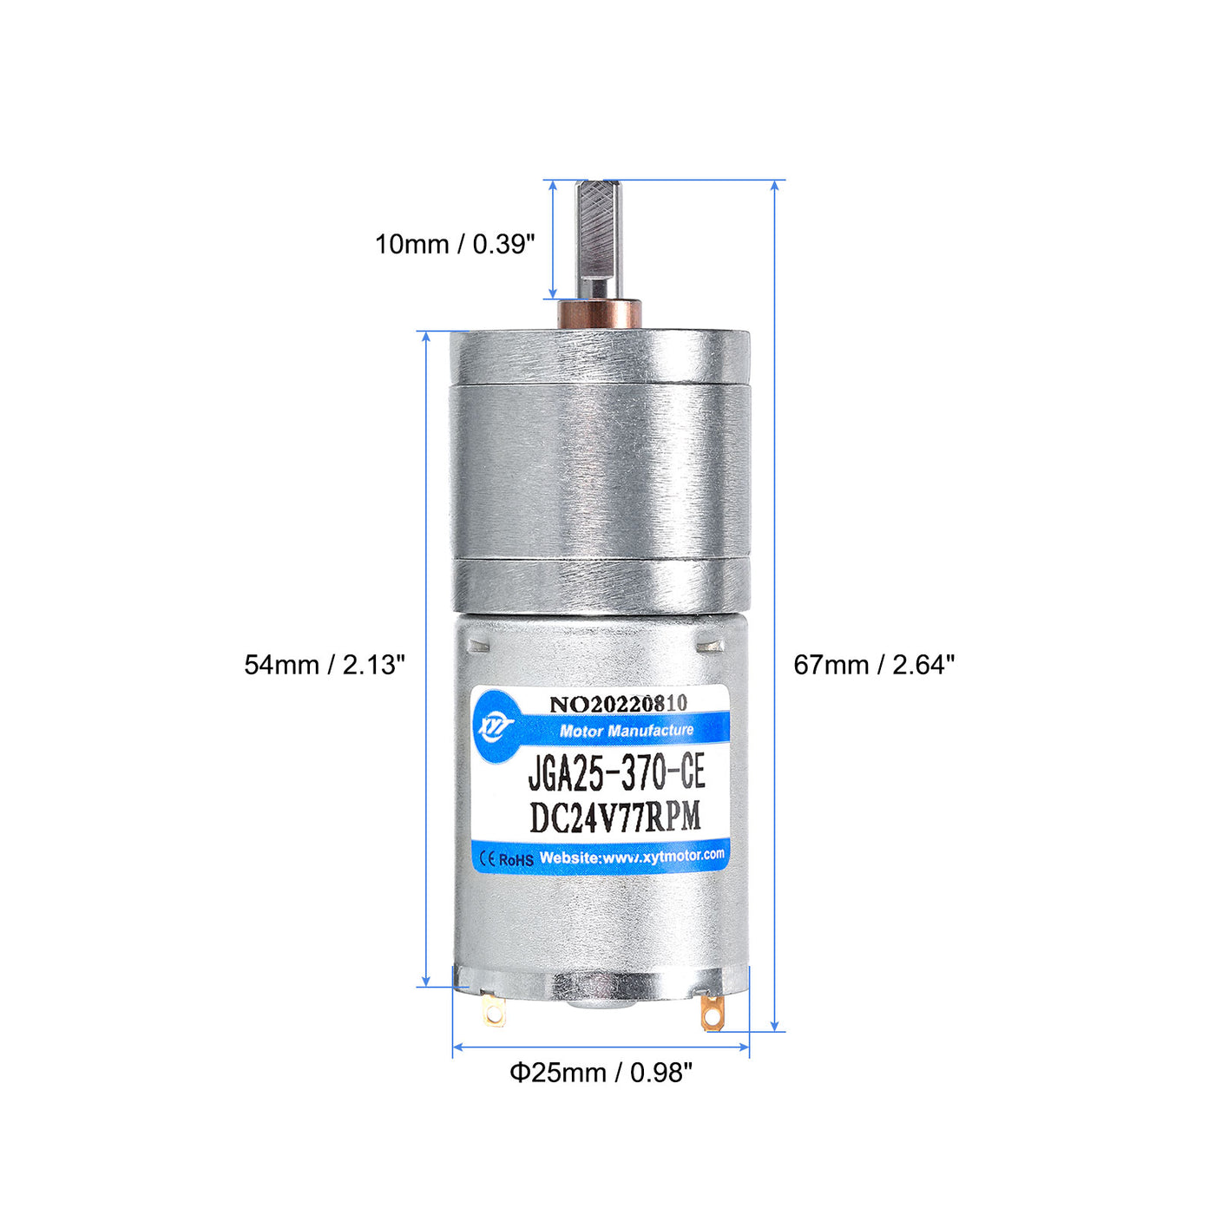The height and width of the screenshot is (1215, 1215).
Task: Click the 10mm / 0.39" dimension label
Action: coord(455,245)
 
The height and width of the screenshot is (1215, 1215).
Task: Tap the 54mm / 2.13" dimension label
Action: coord(324,665)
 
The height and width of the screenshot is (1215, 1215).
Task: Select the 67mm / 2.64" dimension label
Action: coord(874,665)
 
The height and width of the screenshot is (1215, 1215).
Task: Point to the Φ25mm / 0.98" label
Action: coord(601,1072)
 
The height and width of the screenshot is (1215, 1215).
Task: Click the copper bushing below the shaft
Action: coord(599,314)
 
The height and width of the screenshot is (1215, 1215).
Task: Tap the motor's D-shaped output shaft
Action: coord(598,240)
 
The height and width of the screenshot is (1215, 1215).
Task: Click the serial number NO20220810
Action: coord(618,704)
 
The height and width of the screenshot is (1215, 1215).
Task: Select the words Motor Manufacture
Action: coord(626,731)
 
